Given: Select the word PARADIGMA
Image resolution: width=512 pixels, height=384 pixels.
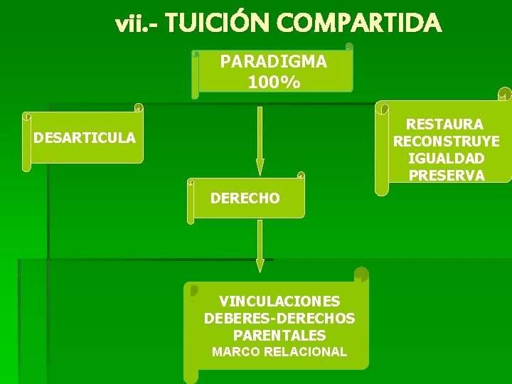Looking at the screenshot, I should (x=274, y=62).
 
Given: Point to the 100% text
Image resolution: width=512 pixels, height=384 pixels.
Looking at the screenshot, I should (x=274, y=82).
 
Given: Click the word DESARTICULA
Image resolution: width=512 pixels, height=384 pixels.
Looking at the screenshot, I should (x=85, y=137).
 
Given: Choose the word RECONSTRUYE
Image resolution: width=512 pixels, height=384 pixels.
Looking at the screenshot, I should (x=447, y=141).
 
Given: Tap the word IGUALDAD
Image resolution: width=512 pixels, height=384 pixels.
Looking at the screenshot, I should (x=447, y=158).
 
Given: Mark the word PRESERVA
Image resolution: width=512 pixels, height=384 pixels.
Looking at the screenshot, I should (x=447, y=175).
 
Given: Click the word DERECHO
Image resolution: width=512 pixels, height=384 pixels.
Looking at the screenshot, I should (x=245, y=198).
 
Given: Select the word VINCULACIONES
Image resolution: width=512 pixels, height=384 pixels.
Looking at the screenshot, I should (x=279, y=301).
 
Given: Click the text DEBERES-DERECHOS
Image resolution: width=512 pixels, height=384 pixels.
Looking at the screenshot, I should (x=279, y=318).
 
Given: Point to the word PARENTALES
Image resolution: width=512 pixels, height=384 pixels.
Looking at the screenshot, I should (x=279, y=335).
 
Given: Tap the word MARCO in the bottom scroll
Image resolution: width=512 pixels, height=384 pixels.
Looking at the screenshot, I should (x=236, y=352).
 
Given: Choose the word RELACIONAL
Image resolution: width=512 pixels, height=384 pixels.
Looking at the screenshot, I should (x=305, y=352).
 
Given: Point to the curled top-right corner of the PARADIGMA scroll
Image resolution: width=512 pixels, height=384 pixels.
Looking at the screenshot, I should (x=348, y=48).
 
